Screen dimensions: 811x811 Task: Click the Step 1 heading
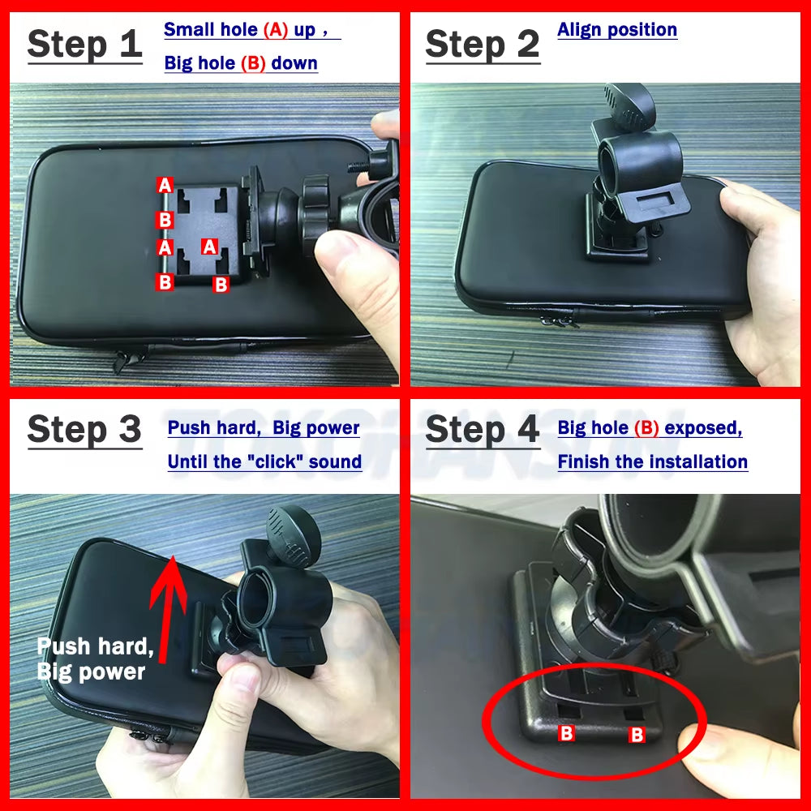(84, 45)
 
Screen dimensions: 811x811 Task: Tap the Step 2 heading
(483, 45)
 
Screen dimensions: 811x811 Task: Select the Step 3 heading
(84, 429)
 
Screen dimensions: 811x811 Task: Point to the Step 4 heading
(483, 429)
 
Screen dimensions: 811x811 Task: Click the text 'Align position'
(617, 30)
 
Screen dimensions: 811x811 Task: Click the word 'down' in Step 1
(294, 63)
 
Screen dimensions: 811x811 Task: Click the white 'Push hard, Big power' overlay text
(95, 659)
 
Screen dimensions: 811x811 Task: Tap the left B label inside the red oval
(567, 734)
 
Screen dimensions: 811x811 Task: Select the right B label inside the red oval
(637, 735)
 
